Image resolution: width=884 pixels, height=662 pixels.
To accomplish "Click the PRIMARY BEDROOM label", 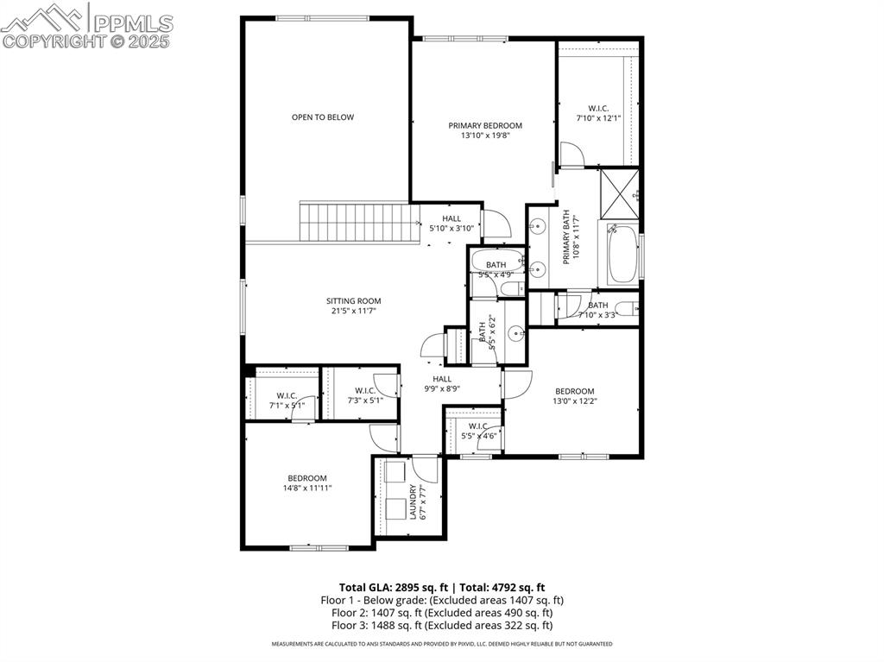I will coord(485,125).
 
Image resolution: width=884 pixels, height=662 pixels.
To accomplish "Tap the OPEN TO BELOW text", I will coord(322,117).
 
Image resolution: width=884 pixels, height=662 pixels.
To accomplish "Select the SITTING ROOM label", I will coord(353,301).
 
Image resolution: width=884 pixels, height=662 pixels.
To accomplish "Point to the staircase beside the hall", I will coord(354,222).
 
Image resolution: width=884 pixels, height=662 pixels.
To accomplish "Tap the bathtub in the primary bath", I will coord(622,255).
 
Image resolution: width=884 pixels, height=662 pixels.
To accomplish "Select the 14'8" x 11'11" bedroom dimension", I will coord(306,489).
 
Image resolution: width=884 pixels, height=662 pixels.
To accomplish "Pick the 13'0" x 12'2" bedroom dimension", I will coord(574,401).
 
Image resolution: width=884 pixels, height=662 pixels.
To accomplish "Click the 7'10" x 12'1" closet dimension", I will coord(598,118).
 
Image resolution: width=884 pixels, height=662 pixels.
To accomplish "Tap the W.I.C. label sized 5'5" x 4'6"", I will coord(478,426).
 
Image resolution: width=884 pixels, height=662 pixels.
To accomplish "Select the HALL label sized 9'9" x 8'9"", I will coord(442,379).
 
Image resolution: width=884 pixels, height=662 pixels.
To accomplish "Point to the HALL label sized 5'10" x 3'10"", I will coord(451,218).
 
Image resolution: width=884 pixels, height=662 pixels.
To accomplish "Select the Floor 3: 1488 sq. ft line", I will coord(442,625).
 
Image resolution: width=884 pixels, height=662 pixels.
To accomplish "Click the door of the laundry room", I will coord(426,470).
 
